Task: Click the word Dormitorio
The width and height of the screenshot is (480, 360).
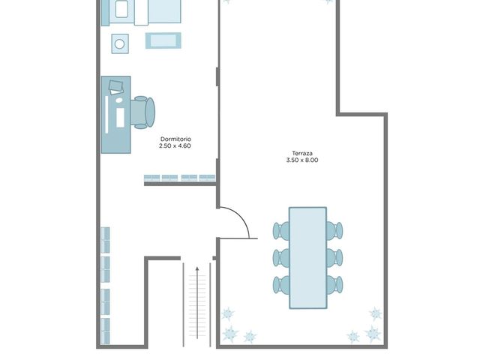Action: [x=175, y=139]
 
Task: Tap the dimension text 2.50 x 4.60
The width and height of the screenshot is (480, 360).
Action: [x=175, y=146]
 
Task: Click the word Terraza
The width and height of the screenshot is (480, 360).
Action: [x=302, y=153]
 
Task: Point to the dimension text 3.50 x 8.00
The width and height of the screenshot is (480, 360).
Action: [x=302, y=160]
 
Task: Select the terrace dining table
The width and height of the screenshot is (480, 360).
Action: [x=307, y=258]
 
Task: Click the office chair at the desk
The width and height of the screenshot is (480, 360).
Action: [x=142, y=112]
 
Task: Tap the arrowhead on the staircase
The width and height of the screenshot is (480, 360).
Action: [x=197, y=269]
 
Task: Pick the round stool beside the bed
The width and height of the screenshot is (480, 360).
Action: [x=120, y=43]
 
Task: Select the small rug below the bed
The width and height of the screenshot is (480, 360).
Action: [x=163, y=40]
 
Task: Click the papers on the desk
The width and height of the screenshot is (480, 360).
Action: [x=116, y=87]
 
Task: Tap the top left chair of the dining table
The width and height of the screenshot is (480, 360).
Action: [x=282, y=230]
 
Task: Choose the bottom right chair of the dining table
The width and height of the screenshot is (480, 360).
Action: [x=334, y=285]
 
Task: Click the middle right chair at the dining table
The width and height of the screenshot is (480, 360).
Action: [x=334, y=257]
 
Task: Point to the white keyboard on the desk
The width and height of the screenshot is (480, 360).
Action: [x=120, y=118]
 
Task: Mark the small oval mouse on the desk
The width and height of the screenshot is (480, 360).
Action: [x=118, y=100]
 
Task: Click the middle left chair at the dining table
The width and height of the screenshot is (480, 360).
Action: [x=282, y=257]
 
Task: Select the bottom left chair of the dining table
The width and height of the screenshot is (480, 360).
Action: [x=282, y=285]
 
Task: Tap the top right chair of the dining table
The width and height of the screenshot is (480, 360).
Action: [x=334, y=230]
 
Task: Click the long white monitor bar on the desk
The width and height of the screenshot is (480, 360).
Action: [x=106, y=115]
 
